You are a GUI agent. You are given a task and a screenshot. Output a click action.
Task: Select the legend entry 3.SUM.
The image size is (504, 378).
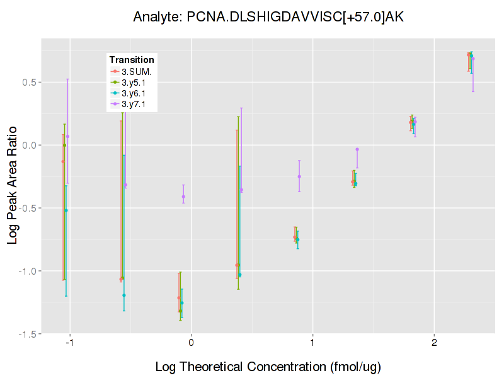(137, 71)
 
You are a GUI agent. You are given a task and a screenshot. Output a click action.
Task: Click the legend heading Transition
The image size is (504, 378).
(132, 60)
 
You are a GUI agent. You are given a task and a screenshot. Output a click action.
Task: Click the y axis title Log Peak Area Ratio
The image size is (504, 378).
(13, 186)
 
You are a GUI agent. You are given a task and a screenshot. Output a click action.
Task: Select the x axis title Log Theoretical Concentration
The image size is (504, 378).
(268, 366)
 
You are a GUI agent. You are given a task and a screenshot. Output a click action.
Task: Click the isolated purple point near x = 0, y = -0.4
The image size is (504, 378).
(183, 197)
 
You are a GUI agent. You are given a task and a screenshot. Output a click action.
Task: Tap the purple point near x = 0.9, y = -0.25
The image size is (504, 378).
(299, 176)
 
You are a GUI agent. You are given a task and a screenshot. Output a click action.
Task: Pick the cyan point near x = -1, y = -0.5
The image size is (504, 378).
(66, 210)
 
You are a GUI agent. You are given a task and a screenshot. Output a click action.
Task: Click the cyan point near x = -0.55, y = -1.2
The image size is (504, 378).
(124, 295)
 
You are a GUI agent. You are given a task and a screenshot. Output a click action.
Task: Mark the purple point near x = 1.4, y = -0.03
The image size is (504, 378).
(357, 149)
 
